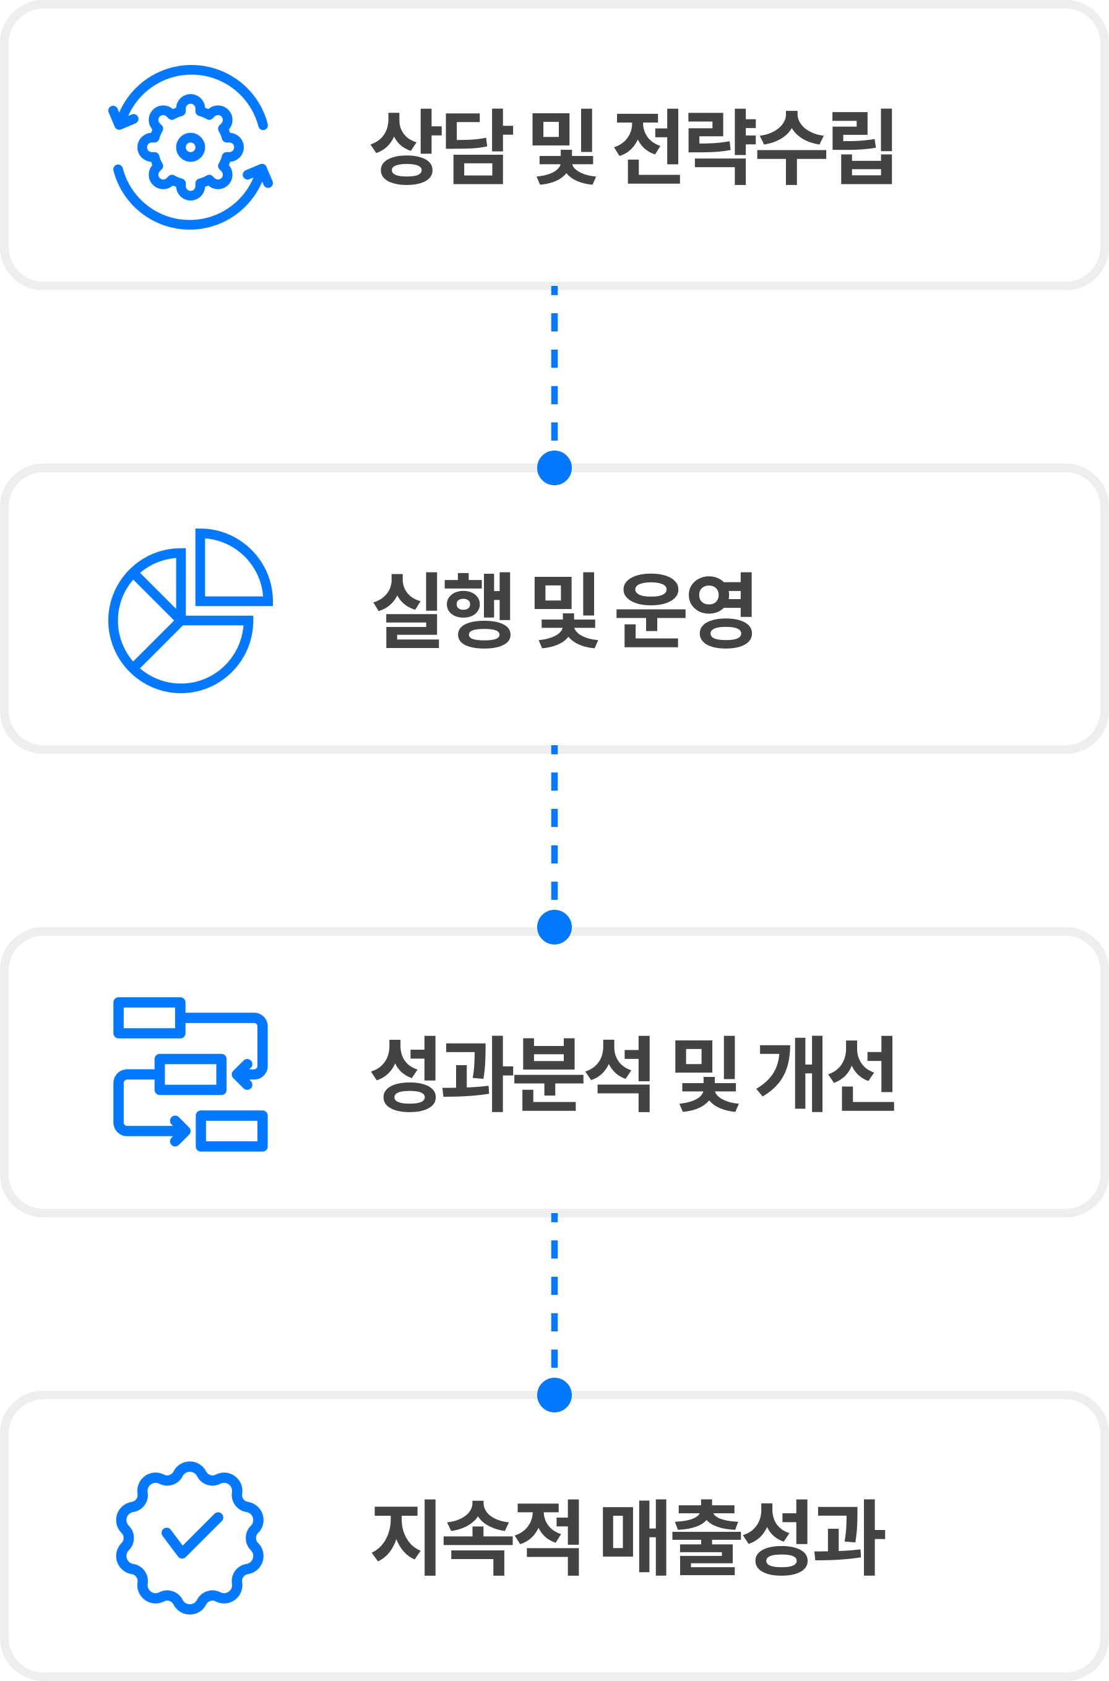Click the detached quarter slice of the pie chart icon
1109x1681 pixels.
pyautogui.click(x=234, y=567)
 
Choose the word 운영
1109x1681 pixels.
pyautogui.click(x=684, y=610)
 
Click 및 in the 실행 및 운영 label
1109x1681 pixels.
pyautogui.click(x=564, y=610)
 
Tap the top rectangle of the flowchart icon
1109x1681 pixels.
pyautogui.click(x=149, y=1018)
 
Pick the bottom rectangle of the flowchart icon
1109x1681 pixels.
pyautogui.click(x=231, y=1131)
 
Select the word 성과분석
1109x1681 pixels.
pyautogui.click(x=510, y=1074)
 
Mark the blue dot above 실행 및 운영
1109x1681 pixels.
pyautogui.click(x=554, y=467)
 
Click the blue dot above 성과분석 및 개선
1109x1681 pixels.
pyautogui.click(x=554, y=927)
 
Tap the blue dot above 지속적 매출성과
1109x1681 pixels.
pyautogui.click(x=554, y=1395)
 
